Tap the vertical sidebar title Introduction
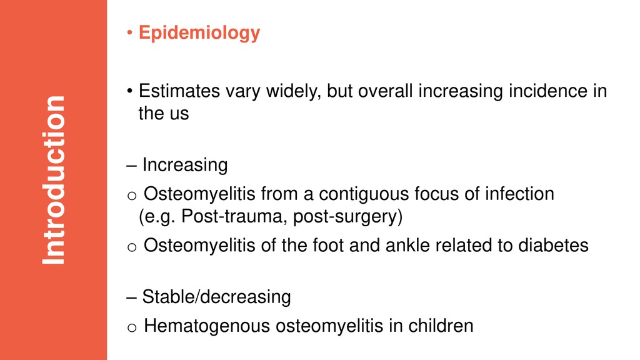click(54, 180)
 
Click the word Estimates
click(179, 91)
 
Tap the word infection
click(519, 194)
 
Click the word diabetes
click(553, 245)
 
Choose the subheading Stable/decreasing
click(216, 297)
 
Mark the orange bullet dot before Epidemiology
click(129, 32)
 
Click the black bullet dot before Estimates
click(129, 91)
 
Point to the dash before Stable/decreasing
click(131, 298)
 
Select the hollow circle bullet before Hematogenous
click(132, 327)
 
